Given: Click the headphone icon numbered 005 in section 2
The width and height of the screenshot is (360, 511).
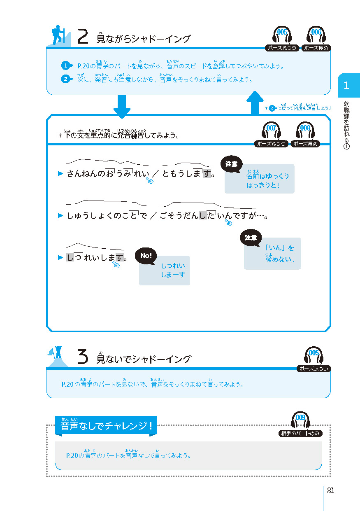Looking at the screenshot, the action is (282, 35).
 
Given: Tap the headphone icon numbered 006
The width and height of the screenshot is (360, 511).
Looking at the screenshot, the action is (316, 35).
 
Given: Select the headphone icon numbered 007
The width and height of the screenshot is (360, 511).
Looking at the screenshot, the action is (271, 131).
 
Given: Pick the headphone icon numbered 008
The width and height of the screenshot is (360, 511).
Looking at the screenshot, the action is (305, 131).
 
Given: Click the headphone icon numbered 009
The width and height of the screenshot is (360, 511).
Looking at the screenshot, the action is (300, 420).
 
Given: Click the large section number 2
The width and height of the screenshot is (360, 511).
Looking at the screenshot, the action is (83, 36).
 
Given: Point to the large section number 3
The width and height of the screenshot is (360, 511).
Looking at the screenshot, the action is (83, 356).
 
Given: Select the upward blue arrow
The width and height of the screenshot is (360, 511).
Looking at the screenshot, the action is (255, 103).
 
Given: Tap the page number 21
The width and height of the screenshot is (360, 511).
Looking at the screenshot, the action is (330, 490).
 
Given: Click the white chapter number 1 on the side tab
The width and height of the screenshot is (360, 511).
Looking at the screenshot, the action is (346, 86).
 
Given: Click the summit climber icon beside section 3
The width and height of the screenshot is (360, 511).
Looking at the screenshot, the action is (58, 356).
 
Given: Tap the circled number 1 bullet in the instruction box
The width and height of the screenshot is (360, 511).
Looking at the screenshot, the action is (66, 66).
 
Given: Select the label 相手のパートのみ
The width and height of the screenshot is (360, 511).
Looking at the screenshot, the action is (300, 433).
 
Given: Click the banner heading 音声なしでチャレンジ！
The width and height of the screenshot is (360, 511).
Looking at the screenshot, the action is (106, 426).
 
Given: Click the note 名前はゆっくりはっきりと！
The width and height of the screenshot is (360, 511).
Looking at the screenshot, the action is (267, 180).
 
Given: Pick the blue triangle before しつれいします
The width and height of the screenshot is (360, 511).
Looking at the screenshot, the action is (60, 257).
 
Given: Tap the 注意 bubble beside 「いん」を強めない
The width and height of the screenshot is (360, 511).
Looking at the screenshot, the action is (250, 238).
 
